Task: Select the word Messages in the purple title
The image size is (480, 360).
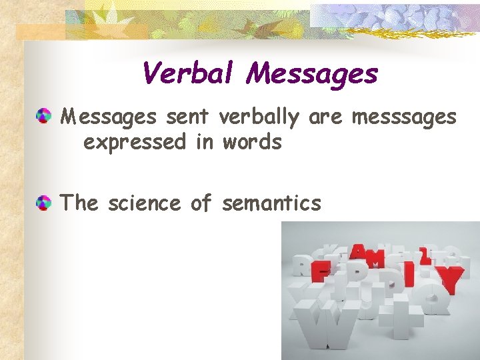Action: (x=311, y=75)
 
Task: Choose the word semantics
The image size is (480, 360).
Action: (x=271, y=203)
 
